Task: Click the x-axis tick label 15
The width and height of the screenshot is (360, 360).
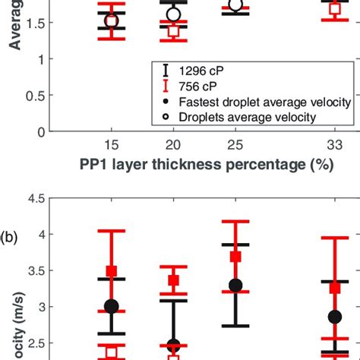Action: [112, 145]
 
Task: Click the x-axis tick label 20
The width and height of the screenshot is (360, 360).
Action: [173, 145]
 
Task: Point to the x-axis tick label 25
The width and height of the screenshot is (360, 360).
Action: [235, 145]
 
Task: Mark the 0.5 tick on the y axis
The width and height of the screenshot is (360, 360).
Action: [32, 96]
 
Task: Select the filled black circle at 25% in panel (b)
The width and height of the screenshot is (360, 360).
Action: [235, 286]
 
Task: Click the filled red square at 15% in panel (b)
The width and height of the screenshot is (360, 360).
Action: [112, 271]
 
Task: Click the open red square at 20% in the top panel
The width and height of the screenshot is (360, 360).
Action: [173, 31]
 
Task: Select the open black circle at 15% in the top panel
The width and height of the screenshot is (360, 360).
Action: [112, 21]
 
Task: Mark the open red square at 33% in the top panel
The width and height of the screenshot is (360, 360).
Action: [334, 9]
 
